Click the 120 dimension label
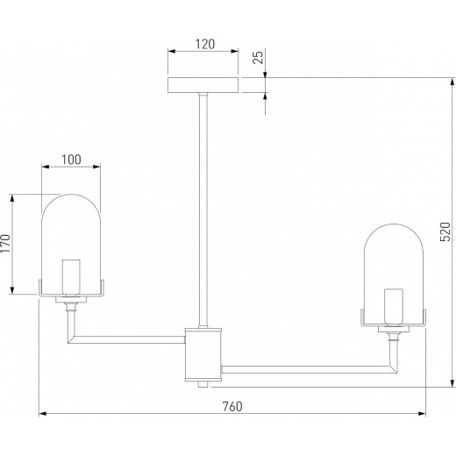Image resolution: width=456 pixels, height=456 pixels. (205, 44)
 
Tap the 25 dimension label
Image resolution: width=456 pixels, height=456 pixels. (258, 57)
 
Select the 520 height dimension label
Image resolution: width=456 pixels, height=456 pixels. (445, 232)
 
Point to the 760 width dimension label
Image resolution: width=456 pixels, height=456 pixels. (232, 407)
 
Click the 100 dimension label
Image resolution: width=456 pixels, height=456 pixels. (71, 160)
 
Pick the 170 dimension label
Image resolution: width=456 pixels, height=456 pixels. (5, 244)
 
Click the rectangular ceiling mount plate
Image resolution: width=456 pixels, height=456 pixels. (203, 85)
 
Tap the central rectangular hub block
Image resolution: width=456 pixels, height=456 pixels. (203, 354)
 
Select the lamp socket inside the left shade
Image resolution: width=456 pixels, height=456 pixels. (71, 276)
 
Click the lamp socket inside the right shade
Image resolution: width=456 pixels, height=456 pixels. (394, 307)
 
